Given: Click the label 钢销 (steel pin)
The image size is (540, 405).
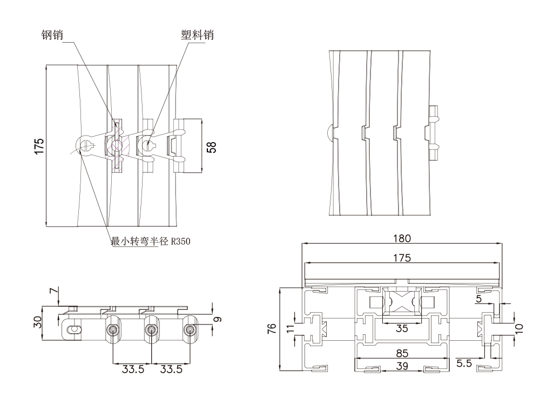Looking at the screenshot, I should (x=52, y=35).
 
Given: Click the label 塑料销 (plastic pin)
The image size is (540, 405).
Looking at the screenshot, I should (x=197, y=35).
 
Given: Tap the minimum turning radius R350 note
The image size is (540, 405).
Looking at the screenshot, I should (x=151, y=241).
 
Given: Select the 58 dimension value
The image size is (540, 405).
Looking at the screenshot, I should (x=212, y=147).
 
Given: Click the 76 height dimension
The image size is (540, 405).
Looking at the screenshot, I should (x=271, y=328).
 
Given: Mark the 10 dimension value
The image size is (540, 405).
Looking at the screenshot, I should (x=519, y=327).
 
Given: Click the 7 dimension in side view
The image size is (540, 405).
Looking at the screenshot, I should (x=52, y=293).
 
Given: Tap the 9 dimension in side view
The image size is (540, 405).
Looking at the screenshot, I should (x=217, y=319).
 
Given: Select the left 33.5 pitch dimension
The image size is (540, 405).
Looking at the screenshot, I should (x=132, y=370).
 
